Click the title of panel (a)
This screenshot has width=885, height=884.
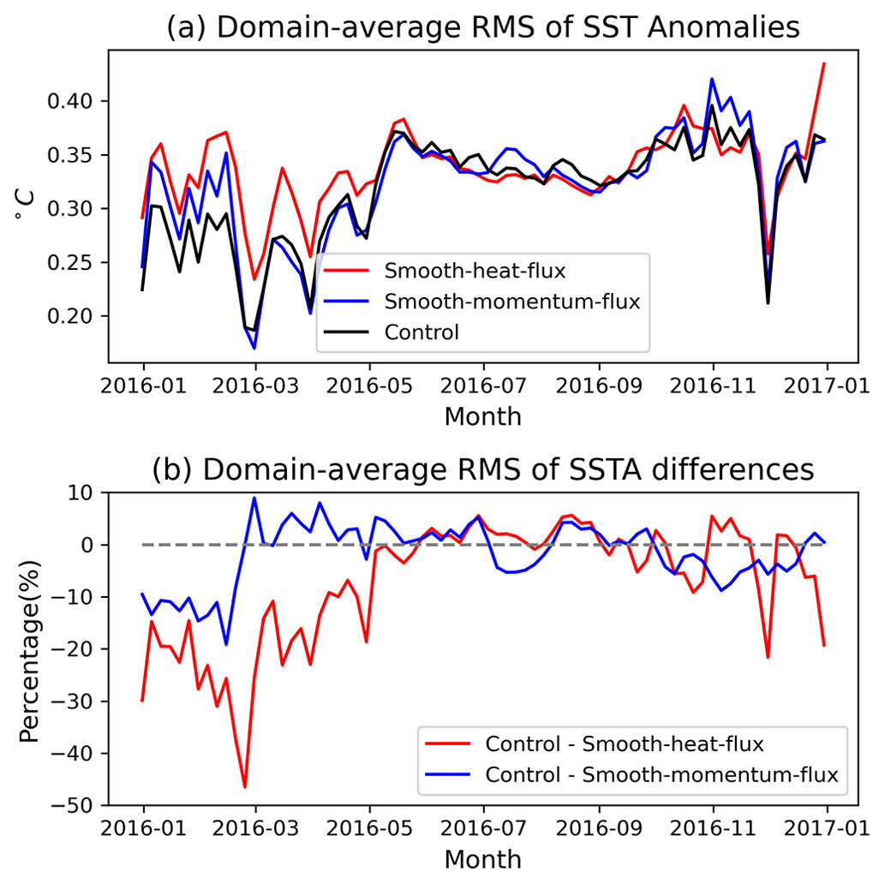click(x=484, y=27)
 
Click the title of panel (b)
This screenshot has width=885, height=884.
click(x=484, y=470)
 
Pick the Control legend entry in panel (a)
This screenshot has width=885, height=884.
click(x=421, y=331)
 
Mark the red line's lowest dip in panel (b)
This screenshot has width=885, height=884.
click(x=245, y=787)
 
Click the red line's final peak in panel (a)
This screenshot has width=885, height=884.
click(x=824, y=63)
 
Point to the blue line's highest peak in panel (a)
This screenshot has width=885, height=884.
click(x=712, y=79)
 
